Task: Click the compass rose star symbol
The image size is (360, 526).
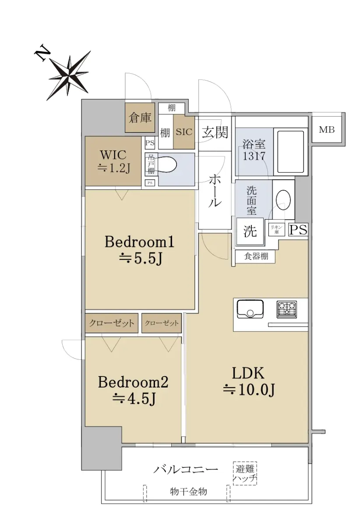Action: (69, 75)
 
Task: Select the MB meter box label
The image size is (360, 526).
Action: (327, 129)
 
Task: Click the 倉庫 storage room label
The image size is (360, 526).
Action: (140, 117)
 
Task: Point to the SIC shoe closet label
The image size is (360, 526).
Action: (184, 132)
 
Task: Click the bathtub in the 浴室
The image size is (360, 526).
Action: (290, 152)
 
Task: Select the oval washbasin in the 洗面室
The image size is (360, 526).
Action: (284, 200)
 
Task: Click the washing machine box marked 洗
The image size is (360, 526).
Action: (250, 231)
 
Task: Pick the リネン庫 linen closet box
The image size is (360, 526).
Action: (276, 229)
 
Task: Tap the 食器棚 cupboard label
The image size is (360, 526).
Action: (256, 256)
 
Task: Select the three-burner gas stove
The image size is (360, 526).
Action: (286, 309)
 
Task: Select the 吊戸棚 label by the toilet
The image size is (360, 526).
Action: (150, 164)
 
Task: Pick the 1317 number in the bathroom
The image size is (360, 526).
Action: (254, 156)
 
